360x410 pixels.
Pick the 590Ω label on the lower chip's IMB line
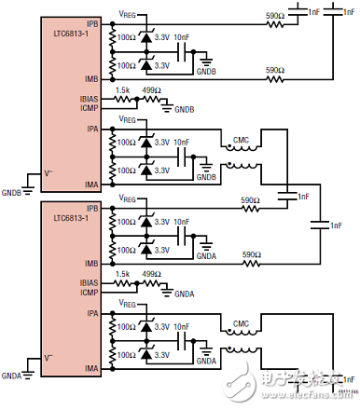tap(249, 254)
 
